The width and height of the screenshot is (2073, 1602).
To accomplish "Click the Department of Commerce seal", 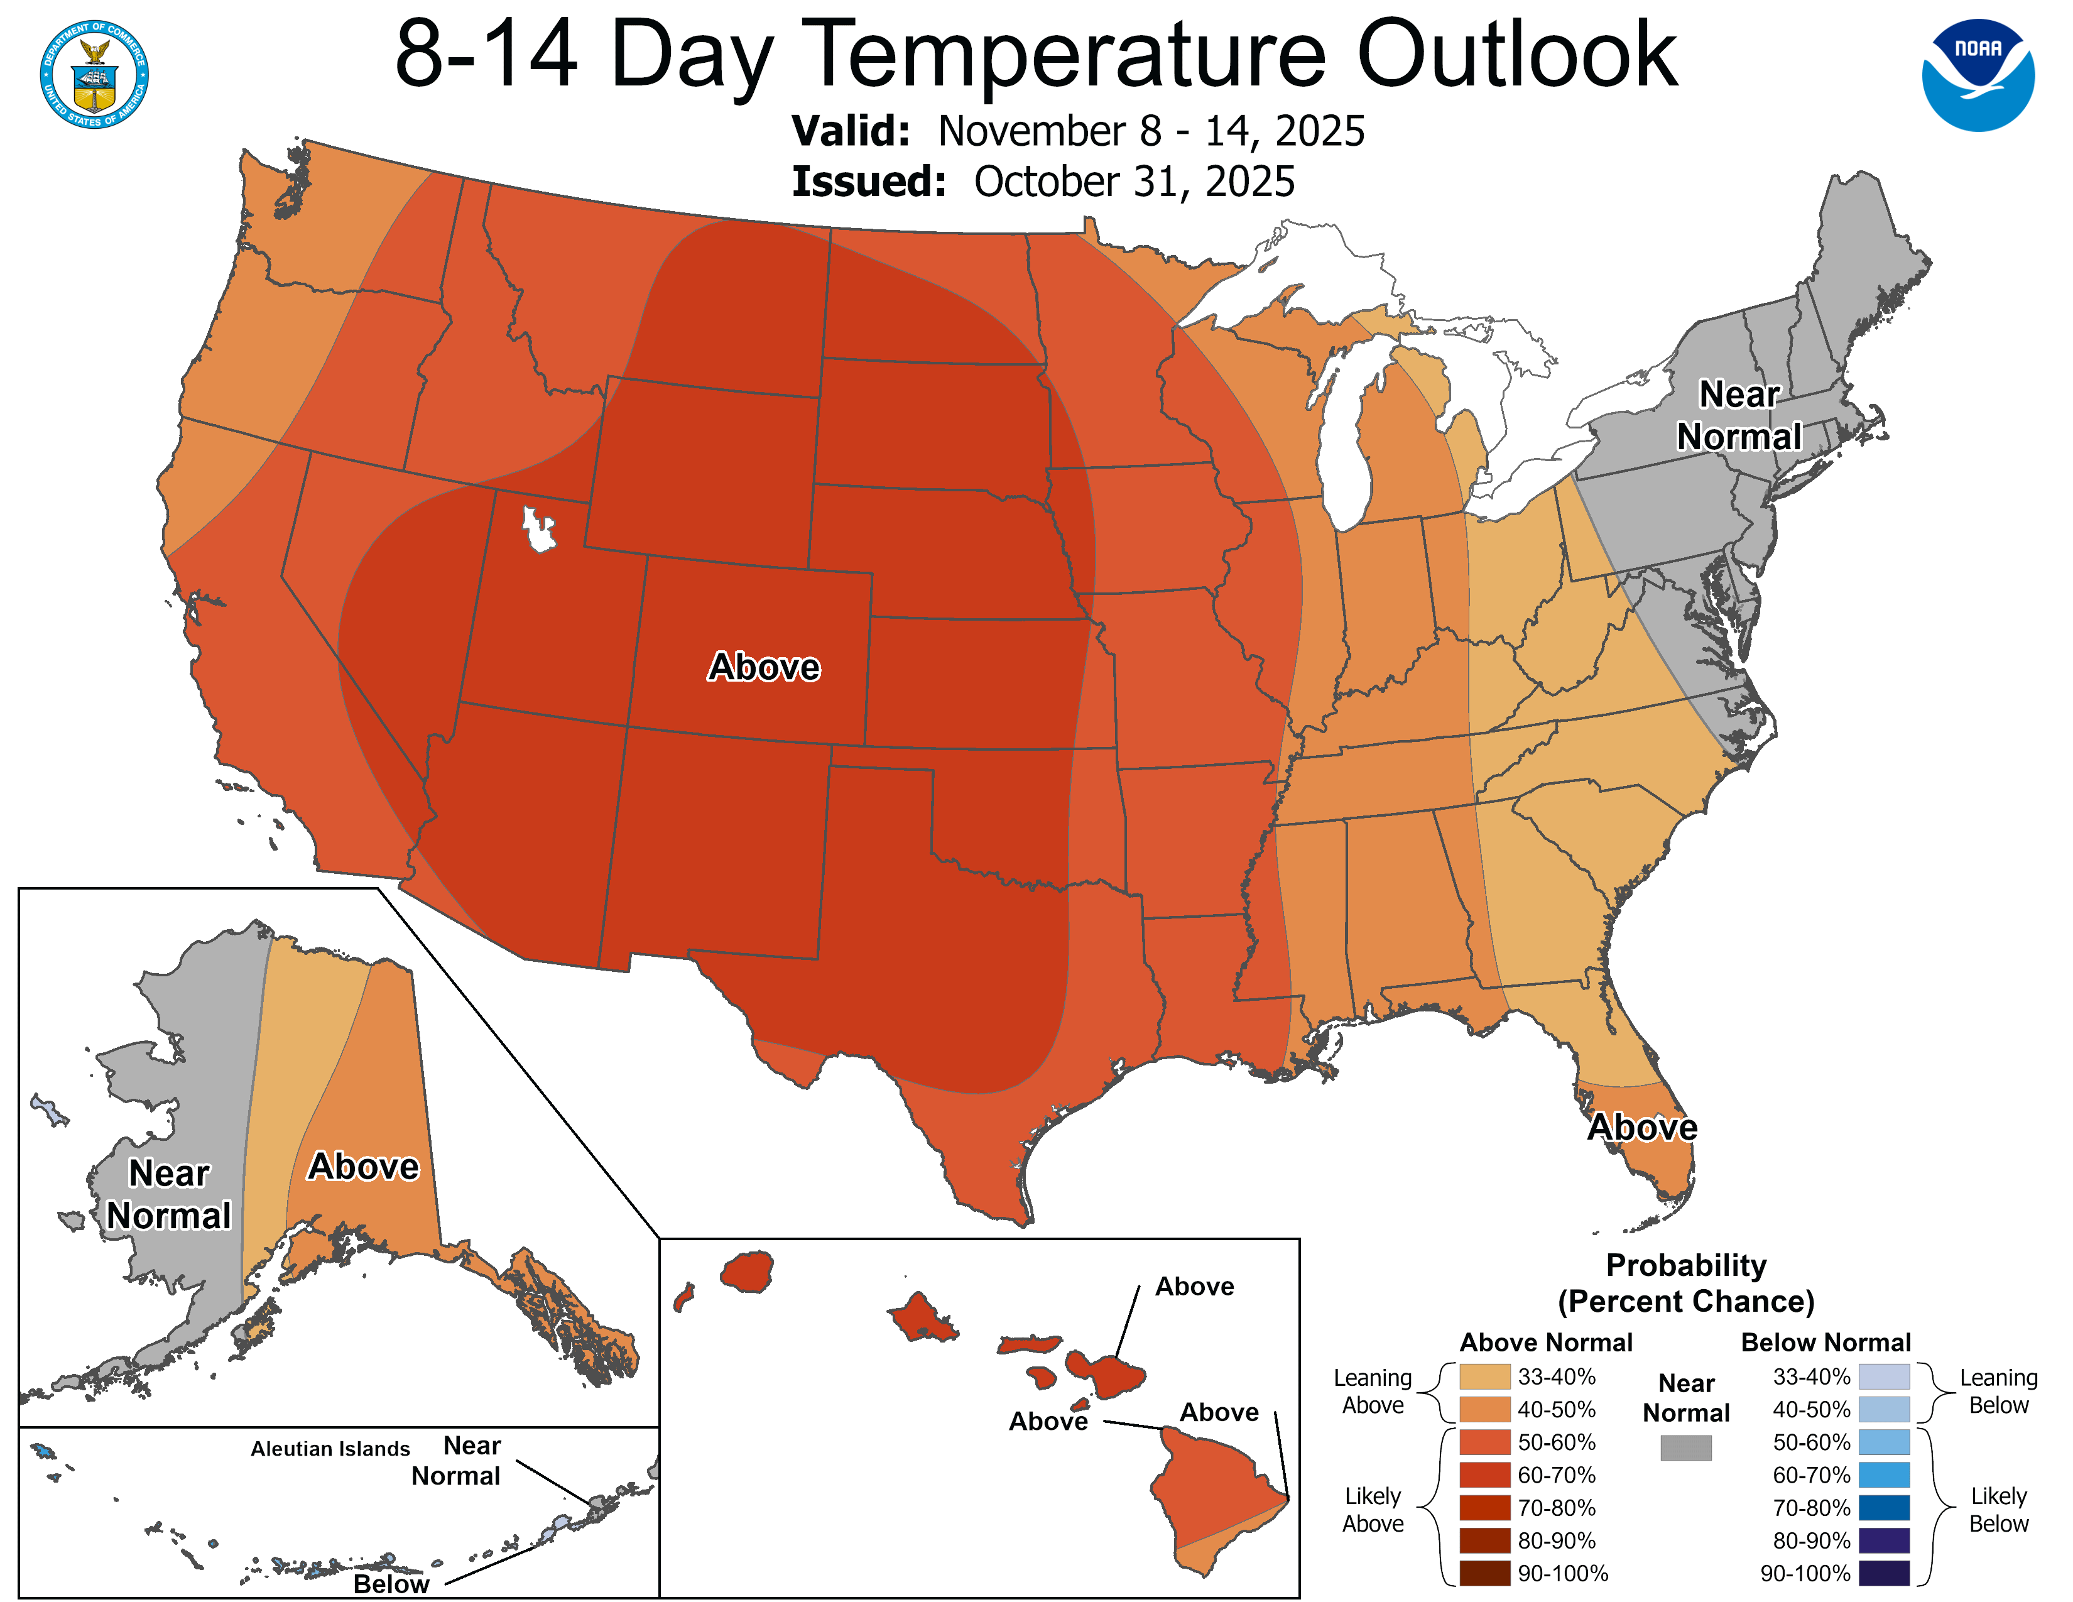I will point(94,74).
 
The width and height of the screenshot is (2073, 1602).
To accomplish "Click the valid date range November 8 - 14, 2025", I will point(1150,131).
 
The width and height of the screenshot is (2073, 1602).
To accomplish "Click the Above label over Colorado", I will point(763,667).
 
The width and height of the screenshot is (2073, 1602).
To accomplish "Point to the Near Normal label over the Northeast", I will point(1738,415).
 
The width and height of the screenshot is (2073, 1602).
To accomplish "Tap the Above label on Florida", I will point(1642,1128).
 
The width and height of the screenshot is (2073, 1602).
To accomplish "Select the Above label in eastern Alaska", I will point(364,1167).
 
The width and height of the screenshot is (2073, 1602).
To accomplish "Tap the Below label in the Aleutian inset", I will point(391,1584).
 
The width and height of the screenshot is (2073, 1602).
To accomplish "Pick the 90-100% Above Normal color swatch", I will point(1484,1572).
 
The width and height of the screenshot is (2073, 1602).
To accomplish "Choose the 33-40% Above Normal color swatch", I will point(1484,1376).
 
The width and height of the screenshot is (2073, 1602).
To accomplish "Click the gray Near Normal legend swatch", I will point(1686,1447).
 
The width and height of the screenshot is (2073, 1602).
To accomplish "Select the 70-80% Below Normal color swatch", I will point(1884,1507).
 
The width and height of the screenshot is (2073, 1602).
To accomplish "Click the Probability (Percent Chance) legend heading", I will point(1686,1283).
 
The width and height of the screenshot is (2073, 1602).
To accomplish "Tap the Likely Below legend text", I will point(1998,1510).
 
